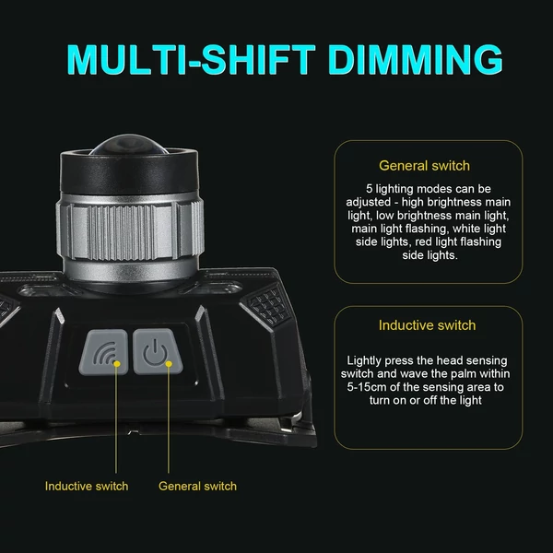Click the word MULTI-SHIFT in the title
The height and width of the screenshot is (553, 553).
(x=191, y=60)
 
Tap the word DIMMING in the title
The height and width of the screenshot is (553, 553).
(x=415, y=60)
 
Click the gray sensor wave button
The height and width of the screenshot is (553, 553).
(x=104, y=352)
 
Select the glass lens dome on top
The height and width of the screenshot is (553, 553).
(x=129, y=144)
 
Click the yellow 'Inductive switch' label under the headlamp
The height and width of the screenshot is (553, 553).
(x=87, y=486)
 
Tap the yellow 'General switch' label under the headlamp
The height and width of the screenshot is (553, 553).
(x=197, y=486)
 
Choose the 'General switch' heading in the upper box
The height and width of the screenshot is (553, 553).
(x=424, y=166)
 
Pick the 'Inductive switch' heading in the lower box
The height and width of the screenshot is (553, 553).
(x=427, y=325)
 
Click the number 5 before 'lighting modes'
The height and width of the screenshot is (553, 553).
(x=370, y=189)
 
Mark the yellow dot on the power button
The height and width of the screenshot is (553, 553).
(x=169, y=364)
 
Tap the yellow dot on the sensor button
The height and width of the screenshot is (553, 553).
(x=117, y=364)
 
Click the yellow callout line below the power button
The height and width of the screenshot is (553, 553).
(x=169, y=419)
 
